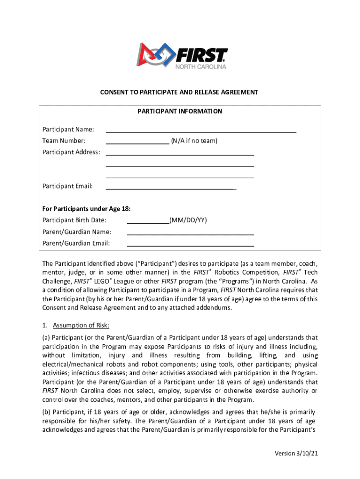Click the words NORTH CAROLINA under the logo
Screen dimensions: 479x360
tap(201, 67)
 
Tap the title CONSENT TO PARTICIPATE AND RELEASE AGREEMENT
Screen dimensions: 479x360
tap(179, 92)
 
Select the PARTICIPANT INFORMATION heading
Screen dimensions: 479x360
tap(180, 111)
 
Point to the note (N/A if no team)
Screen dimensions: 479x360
tap(194, 141)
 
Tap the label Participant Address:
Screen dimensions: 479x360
tap(71, 152)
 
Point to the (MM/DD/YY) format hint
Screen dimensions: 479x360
tap(188, 220)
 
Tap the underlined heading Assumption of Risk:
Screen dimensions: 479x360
tap(81, 326)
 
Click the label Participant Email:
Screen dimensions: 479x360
tap(67, 186)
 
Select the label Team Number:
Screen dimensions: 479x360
tap(64, 141)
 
